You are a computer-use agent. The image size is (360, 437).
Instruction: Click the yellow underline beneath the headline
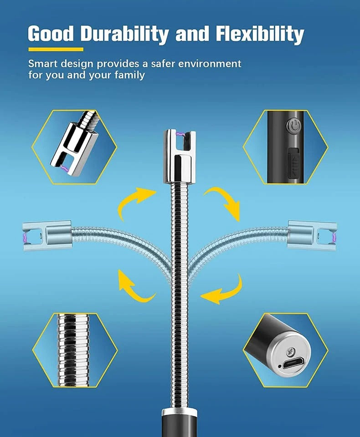[x=56, y=49]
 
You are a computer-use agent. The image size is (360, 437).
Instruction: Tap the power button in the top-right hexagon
[x=293, y=125]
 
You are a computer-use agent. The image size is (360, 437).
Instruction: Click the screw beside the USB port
[x=291, y=351]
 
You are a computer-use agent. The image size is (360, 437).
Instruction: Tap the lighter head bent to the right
[x=313, y=235]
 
